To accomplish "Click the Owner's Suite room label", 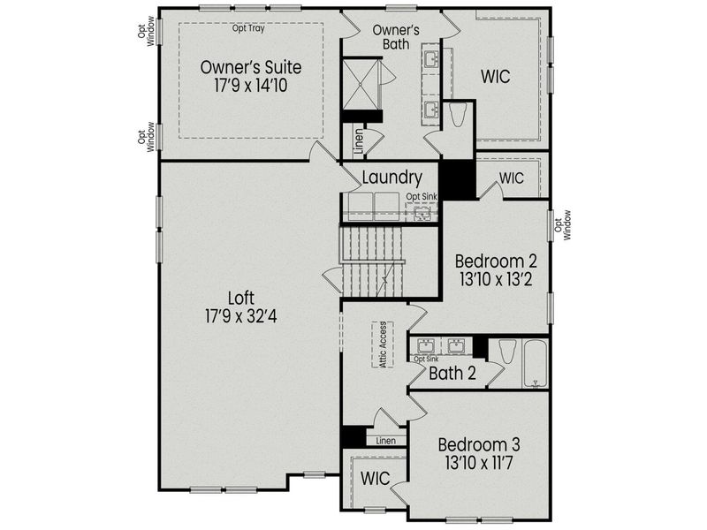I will click(250, 67).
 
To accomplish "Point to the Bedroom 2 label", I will click(495, 261).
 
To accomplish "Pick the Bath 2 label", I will click(452, 374).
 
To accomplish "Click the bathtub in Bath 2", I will click(534, 362).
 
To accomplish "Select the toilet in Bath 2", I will click(506, 353).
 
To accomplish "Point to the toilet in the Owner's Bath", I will click(459, 117).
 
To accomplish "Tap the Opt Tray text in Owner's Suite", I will click(248, 28).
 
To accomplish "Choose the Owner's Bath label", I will click(395, 38).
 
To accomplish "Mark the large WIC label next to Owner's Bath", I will click(496, 77).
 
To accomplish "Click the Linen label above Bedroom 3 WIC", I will click(385, 440).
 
